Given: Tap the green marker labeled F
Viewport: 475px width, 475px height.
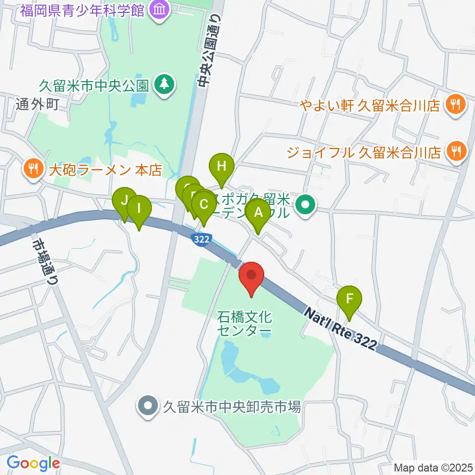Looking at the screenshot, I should [x=349, y=299].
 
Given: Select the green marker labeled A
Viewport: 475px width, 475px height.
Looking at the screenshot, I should [x=258, y=212].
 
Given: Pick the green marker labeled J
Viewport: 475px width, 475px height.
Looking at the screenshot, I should [x=124, y=200].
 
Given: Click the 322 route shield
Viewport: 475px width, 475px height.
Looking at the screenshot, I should [x=201, y=239].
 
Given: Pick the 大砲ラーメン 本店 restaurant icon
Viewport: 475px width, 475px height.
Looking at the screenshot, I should [x=33, y=170].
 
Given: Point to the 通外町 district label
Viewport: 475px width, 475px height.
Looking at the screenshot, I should [x=37, y=104].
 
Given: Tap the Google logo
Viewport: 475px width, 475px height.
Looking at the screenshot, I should [x=33, y=463].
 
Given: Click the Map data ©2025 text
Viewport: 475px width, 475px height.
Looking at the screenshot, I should [x=433, y=467].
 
